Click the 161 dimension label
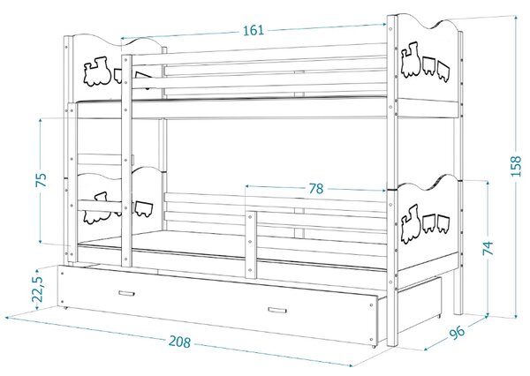[254, 30]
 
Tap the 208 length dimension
[179, 342]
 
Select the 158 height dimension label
[516, 166]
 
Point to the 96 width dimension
[457, 332]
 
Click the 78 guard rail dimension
[316, 189]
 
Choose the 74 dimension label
[488, 248]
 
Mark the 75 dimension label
[42, 180]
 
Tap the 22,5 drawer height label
[38, 289]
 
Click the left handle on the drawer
[126, 293]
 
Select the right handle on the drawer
[277, 310]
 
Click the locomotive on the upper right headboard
[411, 60]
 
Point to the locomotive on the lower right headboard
[411, 224]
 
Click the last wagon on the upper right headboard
[443, 71]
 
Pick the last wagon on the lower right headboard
[443, 223]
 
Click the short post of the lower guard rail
[251, 244]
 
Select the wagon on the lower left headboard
[144, 209]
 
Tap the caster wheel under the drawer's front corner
[375, 346]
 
